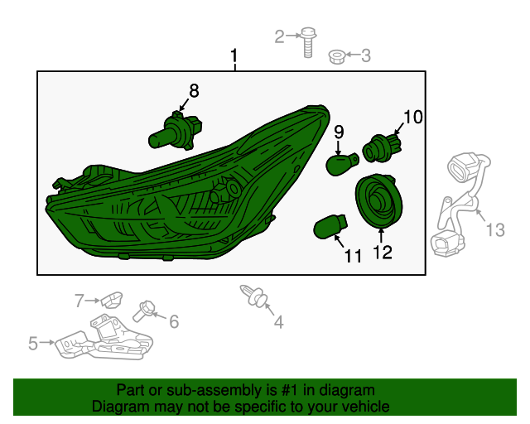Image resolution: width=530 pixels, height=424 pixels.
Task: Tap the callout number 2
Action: point(280,36)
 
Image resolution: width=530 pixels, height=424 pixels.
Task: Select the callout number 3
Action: point(365,55)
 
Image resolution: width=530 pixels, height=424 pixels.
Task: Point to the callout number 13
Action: point(494,230)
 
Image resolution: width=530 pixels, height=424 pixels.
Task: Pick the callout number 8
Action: point(194,91)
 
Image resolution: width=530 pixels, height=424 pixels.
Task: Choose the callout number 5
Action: point(33,342)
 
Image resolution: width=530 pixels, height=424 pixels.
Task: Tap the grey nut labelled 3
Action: point(336,56)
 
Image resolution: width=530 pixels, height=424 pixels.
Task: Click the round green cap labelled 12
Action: point(378,202)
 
